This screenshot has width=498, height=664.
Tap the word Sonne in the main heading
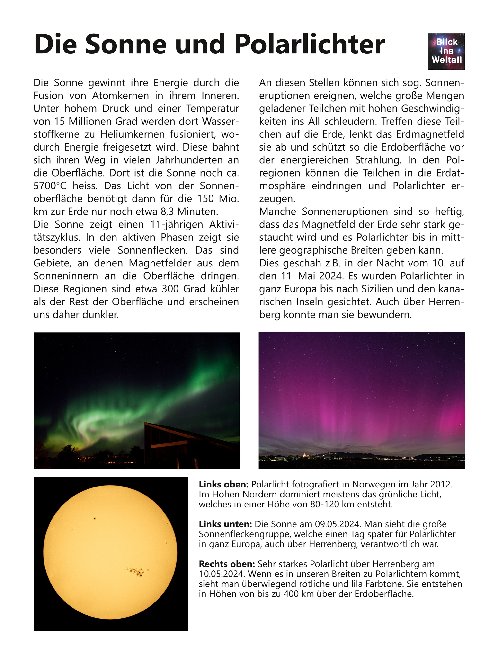point(125,44)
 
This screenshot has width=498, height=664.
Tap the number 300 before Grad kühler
point(171,289)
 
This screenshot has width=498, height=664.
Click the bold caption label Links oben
point(223,484)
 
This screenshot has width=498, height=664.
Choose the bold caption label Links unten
point(225,524)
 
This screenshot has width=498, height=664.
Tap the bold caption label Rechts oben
point(227,564)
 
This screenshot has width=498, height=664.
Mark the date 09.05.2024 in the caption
point(337,524)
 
